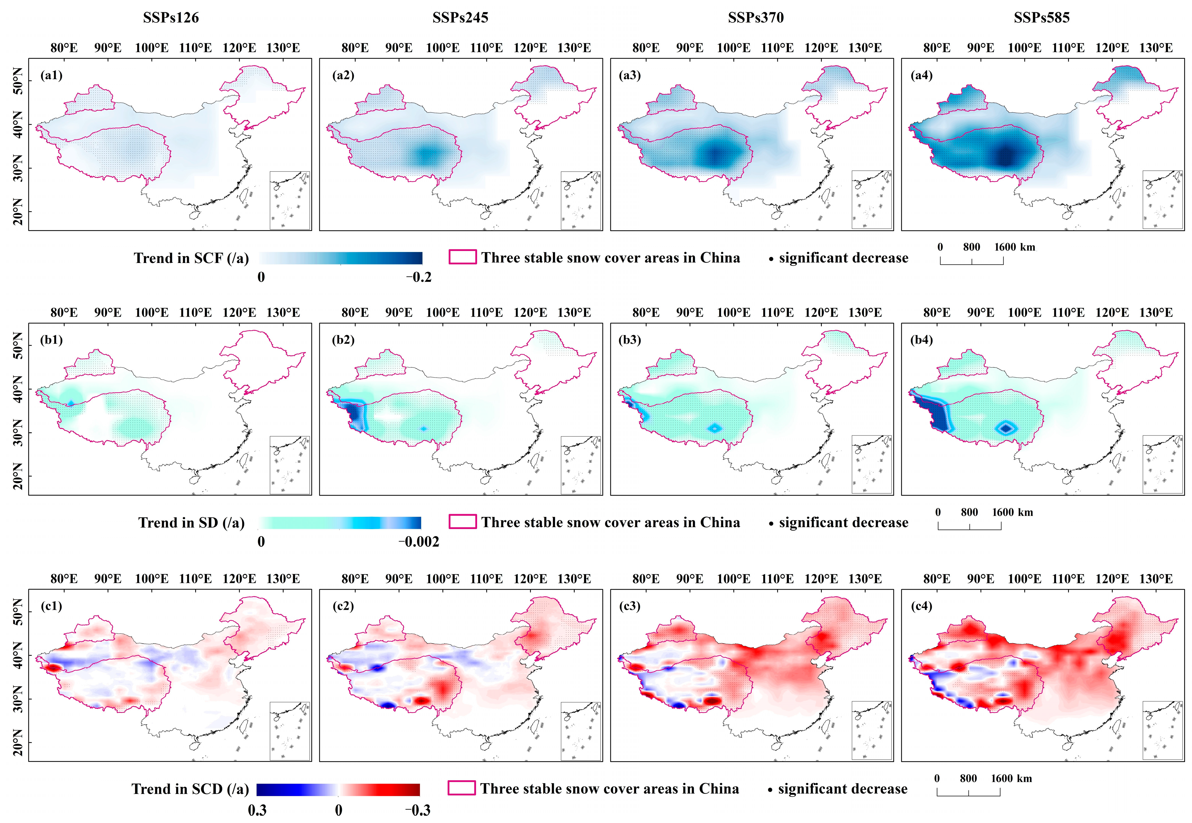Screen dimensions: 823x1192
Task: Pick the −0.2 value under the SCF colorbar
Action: tap(418, 277)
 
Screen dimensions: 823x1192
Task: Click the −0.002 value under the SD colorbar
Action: tap(418, 542)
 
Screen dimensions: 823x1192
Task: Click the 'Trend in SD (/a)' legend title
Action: tap(191, 523)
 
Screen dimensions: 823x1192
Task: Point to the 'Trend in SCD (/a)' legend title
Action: tap(190, 789)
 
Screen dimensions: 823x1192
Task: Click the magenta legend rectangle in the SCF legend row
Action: tap(462, 257)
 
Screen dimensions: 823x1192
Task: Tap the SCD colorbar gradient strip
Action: tap(338, 790)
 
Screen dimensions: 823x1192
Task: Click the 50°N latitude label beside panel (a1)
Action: tap(18, 82)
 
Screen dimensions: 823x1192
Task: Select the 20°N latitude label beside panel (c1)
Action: tap(18, 743)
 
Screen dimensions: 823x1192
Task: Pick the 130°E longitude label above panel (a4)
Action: tap(1156, 48)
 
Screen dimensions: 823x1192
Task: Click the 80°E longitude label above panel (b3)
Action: tap(646, 312)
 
